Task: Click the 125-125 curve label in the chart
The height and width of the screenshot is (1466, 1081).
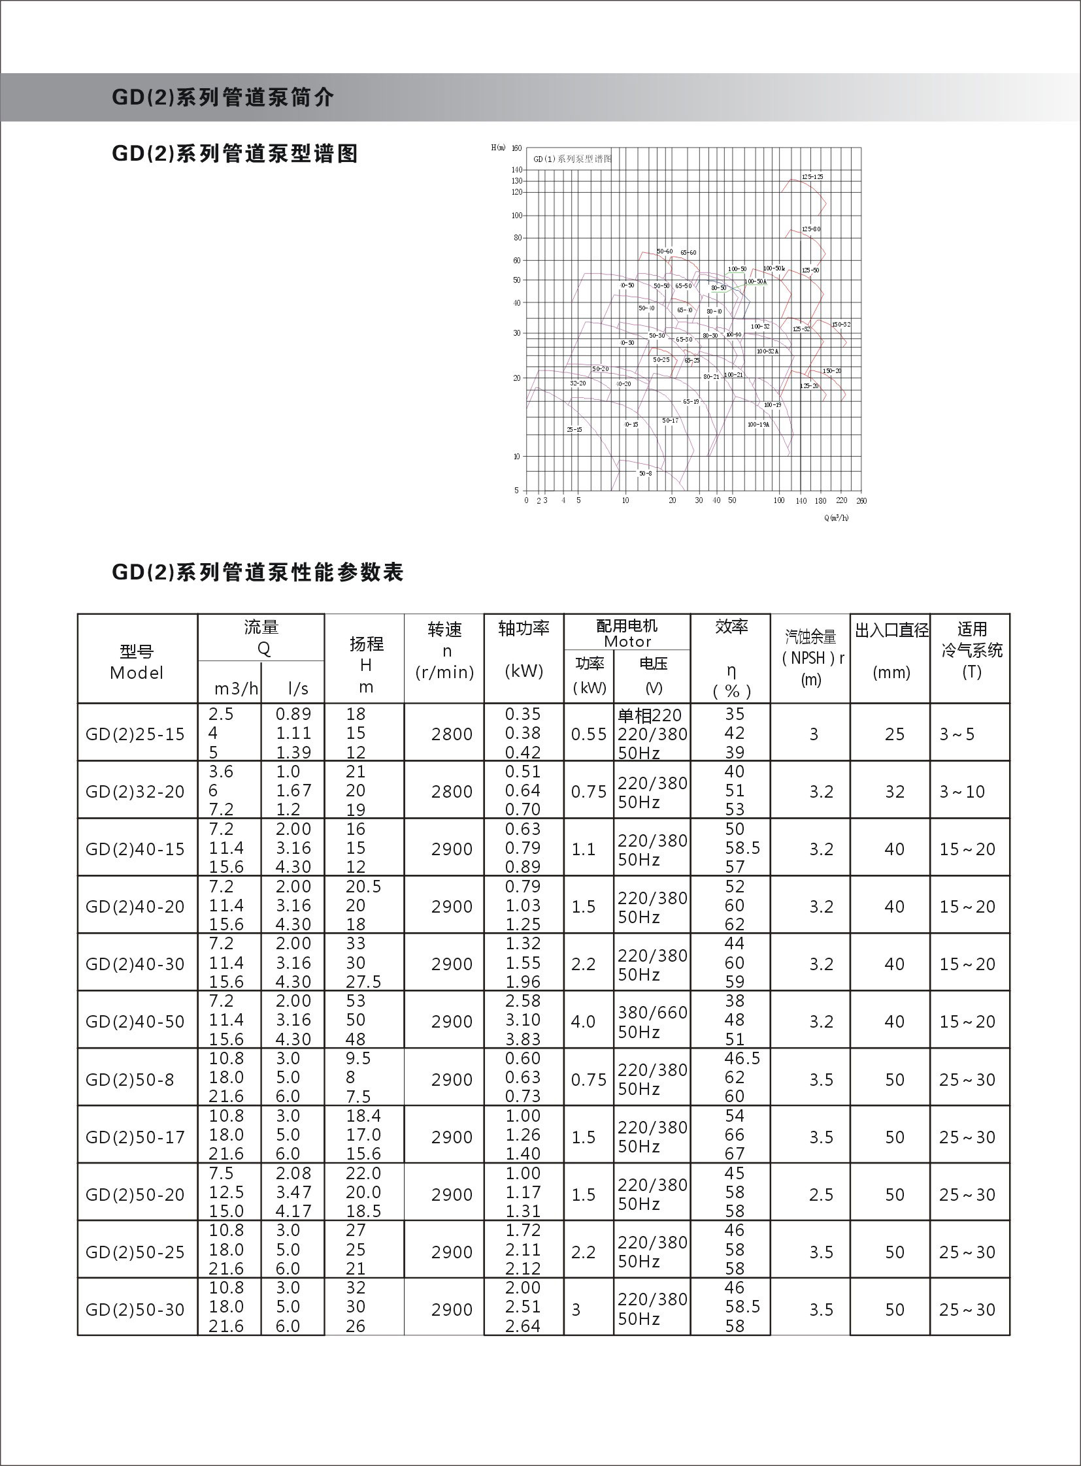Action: click(812, 177)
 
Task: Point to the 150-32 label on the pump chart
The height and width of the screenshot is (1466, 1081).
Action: click(841, 325)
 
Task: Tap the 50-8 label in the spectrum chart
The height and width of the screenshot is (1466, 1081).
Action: click(645, 473)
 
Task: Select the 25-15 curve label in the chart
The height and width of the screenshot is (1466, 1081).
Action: click(574, 430)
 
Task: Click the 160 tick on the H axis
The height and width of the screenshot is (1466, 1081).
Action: click(516, 148)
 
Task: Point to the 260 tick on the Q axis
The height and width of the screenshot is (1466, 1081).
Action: click(861, 500)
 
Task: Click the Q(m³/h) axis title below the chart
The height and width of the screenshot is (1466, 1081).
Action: click(836, 517)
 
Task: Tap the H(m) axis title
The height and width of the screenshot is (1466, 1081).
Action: click(498, 148)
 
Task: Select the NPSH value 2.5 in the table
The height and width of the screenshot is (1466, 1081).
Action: click(821, 1194)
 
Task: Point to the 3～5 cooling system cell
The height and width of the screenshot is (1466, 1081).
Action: click(957, 734)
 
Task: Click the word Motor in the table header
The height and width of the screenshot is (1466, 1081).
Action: click(627, 642)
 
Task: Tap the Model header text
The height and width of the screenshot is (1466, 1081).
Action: click(136, 672)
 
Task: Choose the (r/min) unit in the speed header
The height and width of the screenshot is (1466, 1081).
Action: click(444, 672)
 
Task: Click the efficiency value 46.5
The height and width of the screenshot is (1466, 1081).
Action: click(742, 1058)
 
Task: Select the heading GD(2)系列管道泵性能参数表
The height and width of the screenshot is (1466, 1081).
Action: click(258, 572)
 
